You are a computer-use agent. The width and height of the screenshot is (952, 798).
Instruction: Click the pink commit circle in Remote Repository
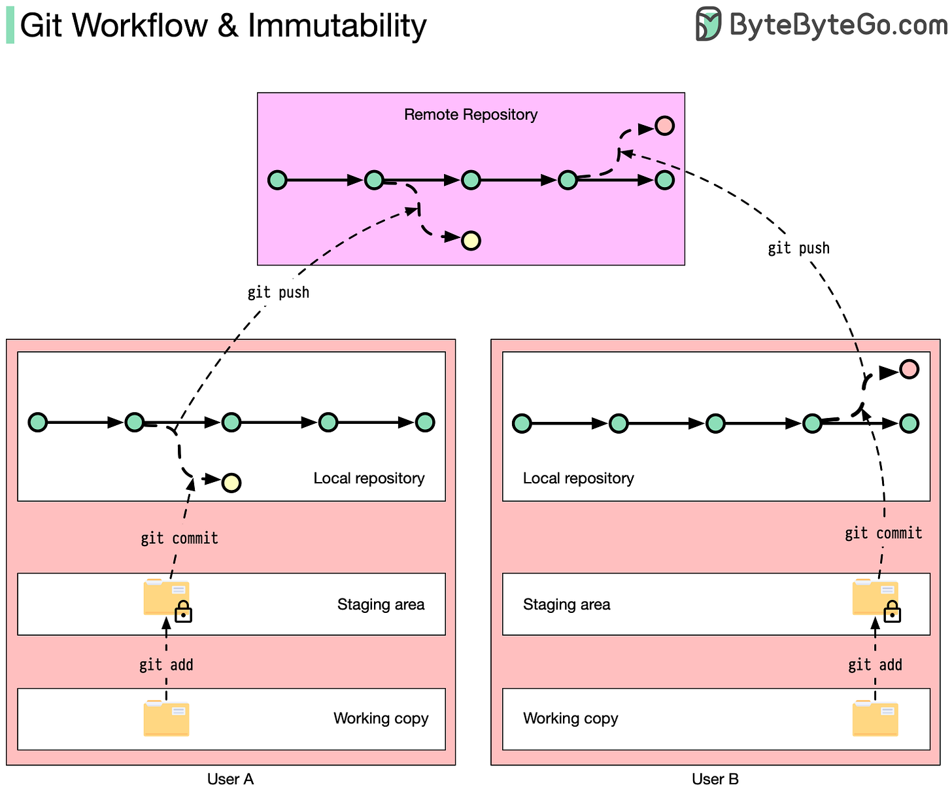pos(664,126)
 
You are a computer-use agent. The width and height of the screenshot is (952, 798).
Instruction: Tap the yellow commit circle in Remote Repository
pos(471,241)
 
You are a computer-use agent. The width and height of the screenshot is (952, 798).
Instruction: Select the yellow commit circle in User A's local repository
pos(231,482)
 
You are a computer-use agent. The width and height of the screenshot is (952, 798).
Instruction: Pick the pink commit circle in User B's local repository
pos(909,369)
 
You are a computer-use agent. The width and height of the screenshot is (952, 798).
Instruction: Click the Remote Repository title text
pos(471,114)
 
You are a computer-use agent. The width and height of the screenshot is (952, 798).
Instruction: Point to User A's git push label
pos(278,292)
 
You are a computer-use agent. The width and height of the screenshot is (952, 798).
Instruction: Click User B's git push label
pos(798,248)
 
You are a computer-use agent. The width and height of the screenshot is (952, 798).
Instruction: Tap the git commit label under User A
pos(179,538)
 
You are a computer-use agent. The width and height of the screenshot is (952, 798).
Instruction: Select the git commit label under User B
pos(883,532)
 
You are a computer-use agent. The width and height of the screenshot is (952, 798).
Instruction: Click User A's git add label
pos(166,665)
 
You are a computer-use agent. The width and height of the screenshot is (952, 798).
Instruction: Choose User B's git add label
pos(874,665)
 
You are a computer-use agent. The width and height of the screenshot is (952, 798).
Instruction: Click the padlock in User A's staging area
pos(183,611)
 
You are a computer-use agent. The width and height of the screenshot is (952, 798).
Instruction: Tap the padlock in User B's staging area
pos(892,611)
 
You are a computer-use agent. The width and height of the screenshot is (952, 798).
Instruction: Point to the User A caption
pos(230,778)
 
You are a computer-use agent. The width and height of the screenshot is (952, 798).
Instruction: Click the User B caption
pos(715,778)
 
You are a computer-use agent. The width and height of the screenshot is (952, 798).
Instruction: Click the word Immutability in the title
pos(337,26)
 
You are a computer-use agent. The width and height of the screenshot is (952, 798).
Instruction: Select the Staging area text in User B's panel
pos(566,604)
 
